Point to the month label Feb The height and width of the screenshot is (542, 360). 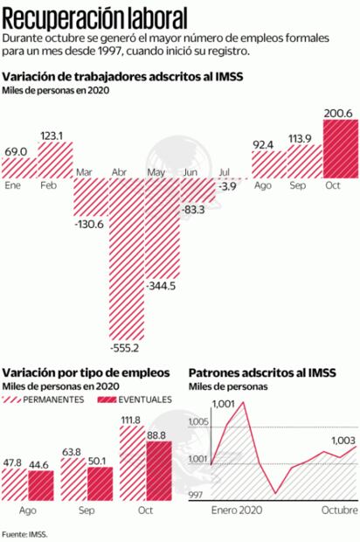pyautogui.click(x=49, y=186)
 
